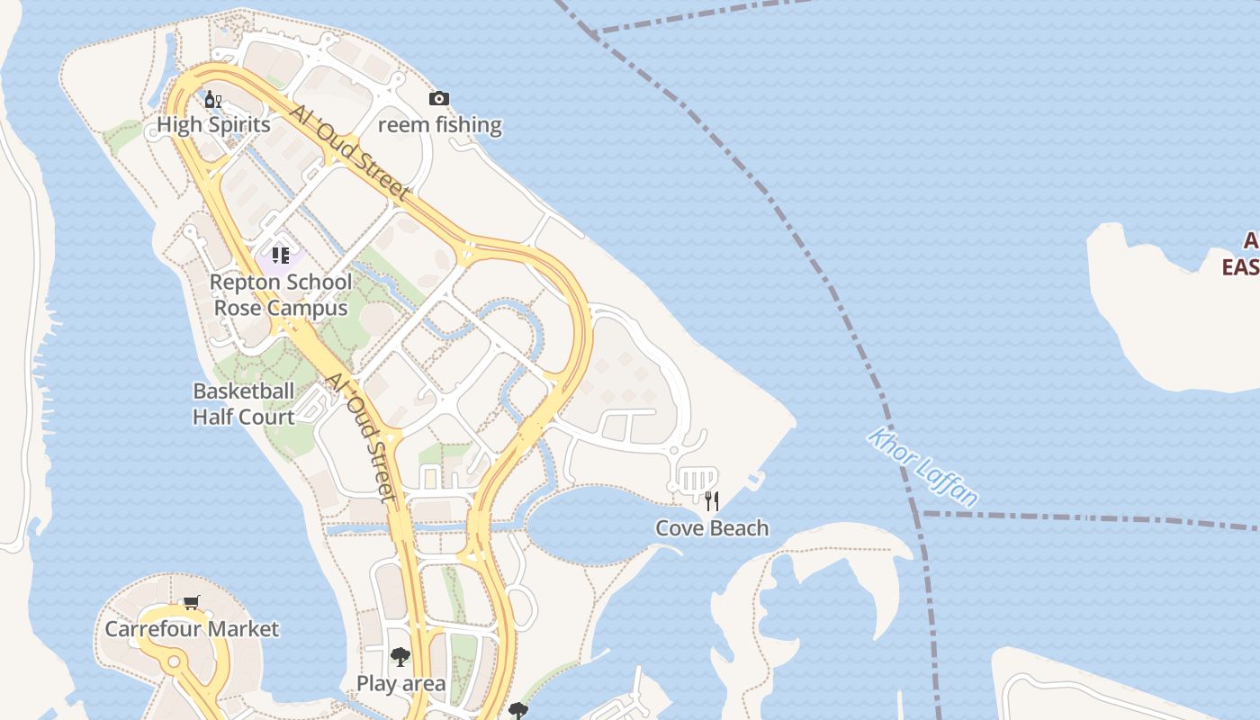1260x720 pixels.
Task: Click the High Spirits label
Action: [213, 125]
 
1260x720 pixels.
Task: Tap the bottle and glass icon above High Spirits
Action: [213, 99]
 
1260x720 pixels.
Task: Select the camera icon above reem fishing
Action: [438, 98]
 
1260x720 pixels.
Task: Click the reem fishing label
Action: [439, 125]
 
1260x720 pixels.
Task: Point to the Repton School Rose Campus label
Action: [280, 295]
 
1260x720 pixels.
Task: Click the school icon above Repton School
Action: [280, 256]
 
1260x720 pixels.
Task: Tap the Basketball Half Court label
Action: [243, 404]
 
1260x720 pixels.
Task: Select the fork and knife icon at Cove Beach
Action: [712, 501]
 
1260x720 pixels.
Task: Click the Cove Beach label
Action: [712, 528]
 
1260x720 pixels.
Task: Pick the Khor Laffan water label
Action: [923, 468]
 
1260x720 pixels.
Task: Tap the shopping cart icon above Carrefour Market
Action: [191, 602]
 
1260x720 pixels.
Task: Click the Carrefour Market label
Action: [192, 629]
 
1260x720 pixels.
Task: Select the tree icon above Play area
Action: [400, 657]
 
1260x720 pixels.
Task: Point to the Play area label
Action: [400, 684]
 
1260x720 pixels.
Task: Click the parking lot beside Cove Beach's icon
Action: [696, 478]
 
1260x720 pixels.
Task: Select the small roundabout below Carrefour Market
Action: [173, 662]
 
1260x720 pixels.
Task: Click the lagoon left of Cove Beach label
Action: [585, 522]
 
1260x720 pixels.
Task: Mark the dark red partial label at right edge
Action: [1242, 254]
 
